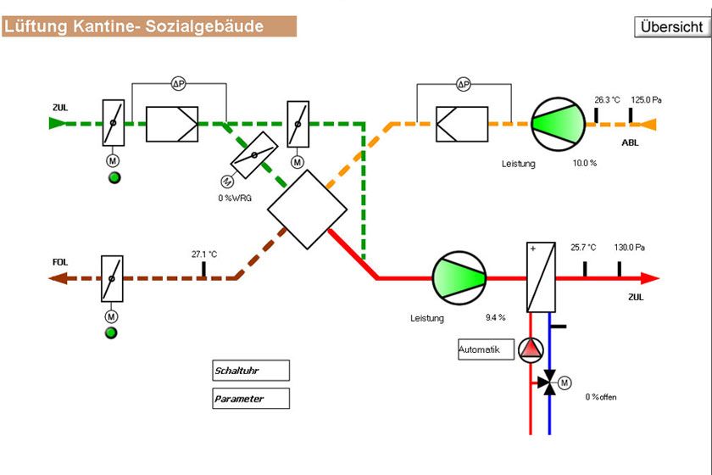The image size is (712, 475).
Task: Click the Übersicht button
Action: click(671, 26)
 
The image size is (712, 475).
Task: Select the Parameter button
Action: click(250, 399)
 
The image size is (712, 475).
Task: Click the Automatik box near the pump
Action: click(486, 349)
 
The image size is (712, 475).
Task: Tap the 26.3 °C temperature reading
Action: click(608, 100)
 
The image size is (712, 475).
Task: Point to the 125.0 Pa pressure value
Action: click(646, 100)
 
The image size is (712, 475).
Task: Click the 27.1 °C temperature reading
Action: click(204, 254)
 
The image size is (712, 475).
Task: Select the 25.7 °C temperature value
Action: click(583, 248)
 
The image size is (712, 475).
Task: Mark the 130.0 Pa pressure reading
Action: click(630, 248)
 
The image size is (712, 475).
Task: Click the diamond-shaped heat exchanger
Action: click(307, 209)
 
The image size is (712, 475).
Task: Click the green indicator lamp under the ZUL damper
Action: click(112, 177)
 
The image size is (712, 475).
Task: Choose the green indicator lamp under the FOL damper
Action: click(111, 332)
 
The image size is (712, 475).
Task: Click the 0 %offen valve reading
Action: click(600, 397)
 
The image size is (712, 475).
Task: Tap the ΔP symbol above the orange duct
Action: click(463, 84)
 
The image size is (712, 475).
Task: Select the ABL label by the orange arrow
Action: click(630, 142)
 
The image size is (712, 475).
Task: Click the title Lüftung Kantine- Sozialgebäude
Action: click(135, 26)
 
